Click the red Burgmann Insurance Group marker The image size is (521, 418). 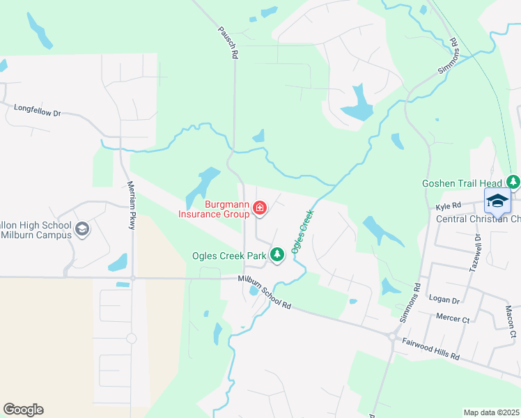point(260,208)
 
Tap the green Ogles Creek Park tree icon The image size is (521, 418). point(277,255)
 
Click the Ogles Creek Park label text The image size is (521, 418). point(229,256)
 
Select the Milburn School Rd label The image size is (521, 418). point(264,291)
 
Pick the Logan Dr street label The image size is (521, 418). point(445,300)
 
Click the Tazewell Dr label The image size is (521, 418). point(479,247)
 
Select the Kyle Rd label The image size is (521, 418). point(449,207)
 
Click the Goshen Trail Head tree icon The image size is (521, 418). point(513,183)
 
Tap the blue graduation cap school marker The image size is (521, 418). point(497,201)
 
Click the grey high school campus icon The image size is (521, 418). point(82,229)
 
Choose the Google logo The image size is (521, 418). point(23,410)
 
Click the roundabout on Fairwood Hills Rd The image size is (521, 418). point(392,337)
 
